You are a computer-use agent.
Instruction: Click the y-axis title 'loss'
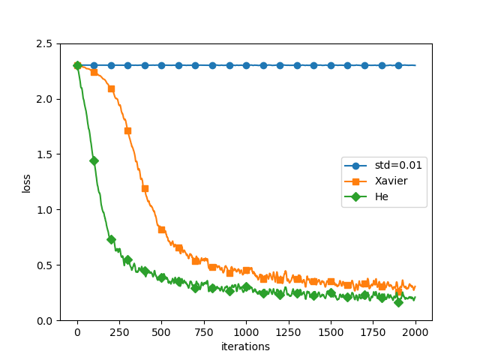(26, 182)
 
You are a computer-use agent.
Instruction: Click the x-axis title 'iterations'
(245, 346)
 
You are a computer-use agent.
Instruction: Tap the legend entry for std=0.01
(397, 165)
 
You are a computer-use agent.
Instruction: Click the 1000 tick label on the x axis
(246, 331)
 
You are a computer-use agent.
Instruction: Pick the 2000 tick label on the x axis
(415, 331)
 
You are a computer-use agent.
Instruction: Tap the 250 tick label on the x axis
(119, 331)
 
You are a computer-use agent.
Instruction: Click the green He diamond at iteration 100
(94, 160)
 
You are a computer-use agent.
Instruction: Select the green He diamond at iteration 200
(111, 239)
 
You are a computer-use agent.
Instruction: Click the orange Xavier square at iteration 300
(127, 130)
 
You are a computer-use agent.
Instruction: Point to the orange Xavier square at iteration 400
(145, 188)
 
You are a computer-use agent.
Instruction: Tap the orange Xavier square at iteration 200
(111, 88)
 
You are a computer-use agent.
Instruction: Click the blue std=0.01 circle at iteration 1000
(246, 65)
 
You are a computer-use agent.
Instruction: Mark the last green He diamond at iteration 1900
(398, 302)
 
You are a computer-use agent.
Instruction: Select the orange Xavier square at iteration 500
(161, 229)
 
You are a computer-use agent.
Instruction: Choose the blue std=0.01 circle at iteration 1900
(398, 65)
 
